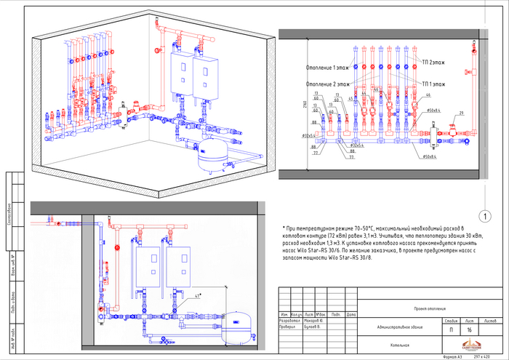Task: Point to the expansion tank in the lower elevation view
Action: pyautogui.click(x=241, y=324)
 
